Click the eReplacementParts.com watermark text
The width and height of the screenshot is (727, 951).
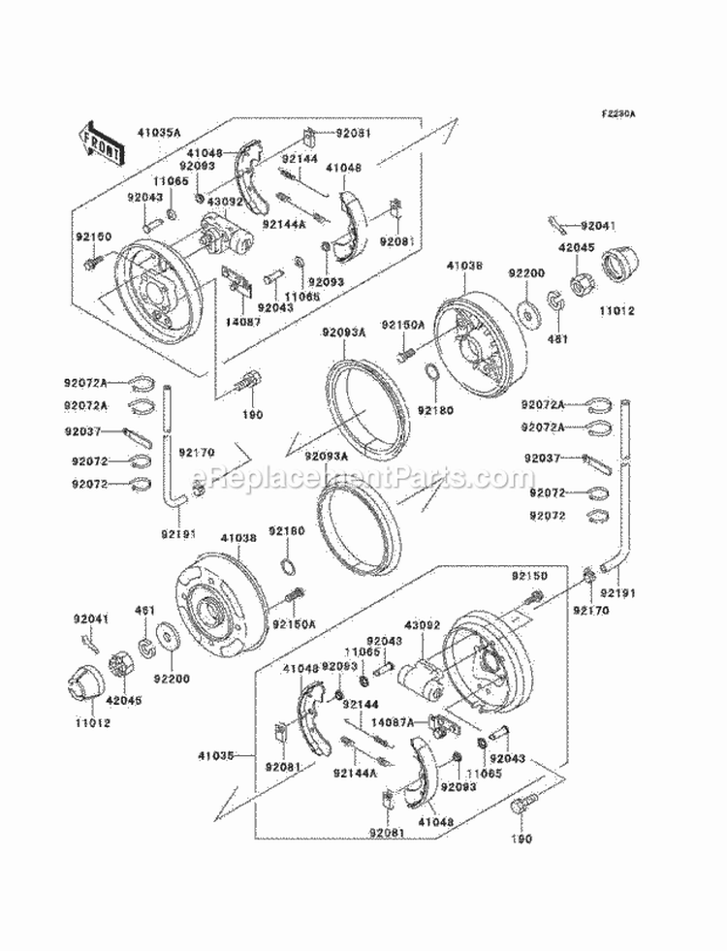363,477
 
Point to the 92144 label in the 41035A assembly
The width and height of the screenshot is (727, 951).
300,158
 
